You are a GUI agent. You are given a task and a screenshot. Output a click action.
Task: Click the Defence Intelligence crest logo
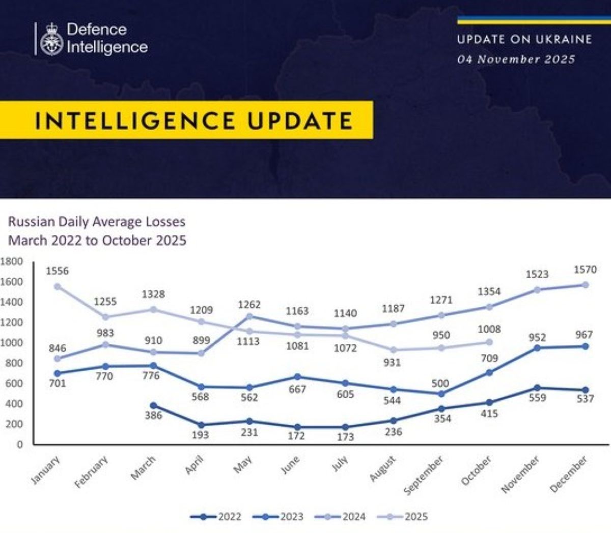51,39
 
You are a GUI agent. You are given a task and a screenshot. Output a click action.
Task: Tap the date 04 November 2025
516,60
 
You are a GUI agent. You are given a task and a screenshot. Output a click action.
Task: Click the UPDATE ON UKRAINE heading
524,40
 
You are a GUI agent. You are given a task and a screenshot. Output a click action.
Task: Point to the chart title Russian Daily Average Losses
97,222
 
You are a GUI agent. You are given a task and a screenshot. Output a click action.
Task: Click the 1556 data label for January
57,271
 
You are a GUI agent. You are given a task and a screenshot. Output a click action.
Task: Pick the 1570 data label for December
585,270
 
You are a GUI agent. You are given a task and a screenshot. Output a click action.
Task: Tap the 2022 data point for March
153,405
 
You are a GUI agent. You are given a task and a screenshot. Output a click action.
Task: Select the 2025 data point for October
489,342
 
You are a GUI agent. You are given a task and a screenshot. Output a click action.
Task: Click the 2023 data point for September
441,394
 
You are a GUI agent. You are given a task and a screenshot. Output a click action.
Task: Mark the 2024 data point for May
249,316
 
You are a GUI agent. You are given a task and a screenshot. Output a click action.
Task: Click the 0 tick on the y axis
20,445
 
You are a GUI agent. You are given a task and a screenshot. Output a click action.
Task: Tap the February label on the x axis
92,471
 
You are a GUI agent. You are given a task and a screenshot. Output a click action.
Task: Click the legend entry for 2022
216,517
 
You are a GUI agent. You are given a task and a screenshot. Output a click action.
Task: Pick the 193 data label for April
200,435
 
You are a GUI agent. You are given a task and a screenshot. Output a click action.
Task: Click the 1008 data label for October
489,330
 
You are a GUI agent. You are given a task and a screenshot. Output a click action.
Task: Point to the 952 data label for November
537,337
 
